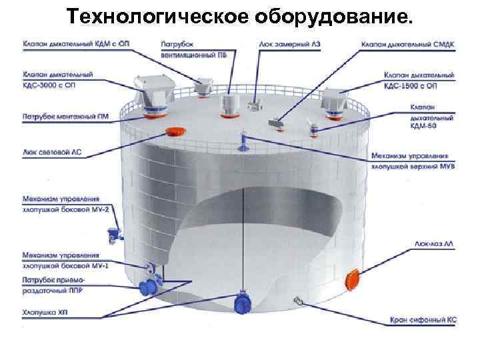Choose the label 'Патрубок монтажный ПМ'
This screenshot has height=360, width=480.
click(61, 114)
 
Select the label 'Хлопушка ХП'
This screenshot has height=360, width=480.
click(45, 311)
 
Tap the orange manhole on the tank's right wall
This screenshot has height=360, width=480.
click(352, 278)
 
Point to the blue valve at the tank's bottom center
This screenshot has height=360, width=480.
click(241, 303)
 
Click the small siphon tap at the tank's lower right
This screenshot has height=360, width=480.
click(297, 303)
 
